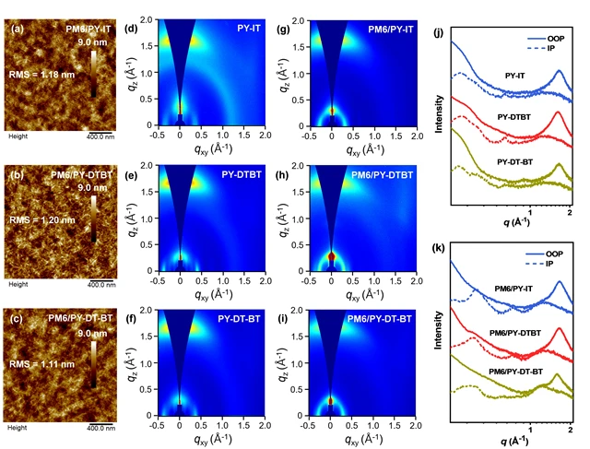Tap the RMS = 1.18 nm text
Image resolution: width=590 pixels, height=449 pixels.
(43, 74)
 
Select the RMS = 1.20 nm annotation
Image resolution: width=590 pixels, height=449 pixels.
(43, 220)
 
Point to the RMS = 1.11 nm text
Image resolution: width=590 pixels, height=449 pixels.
(43, 365)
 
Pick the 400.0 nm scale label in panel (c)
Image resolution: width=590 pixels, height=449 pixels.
(100, 427)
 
